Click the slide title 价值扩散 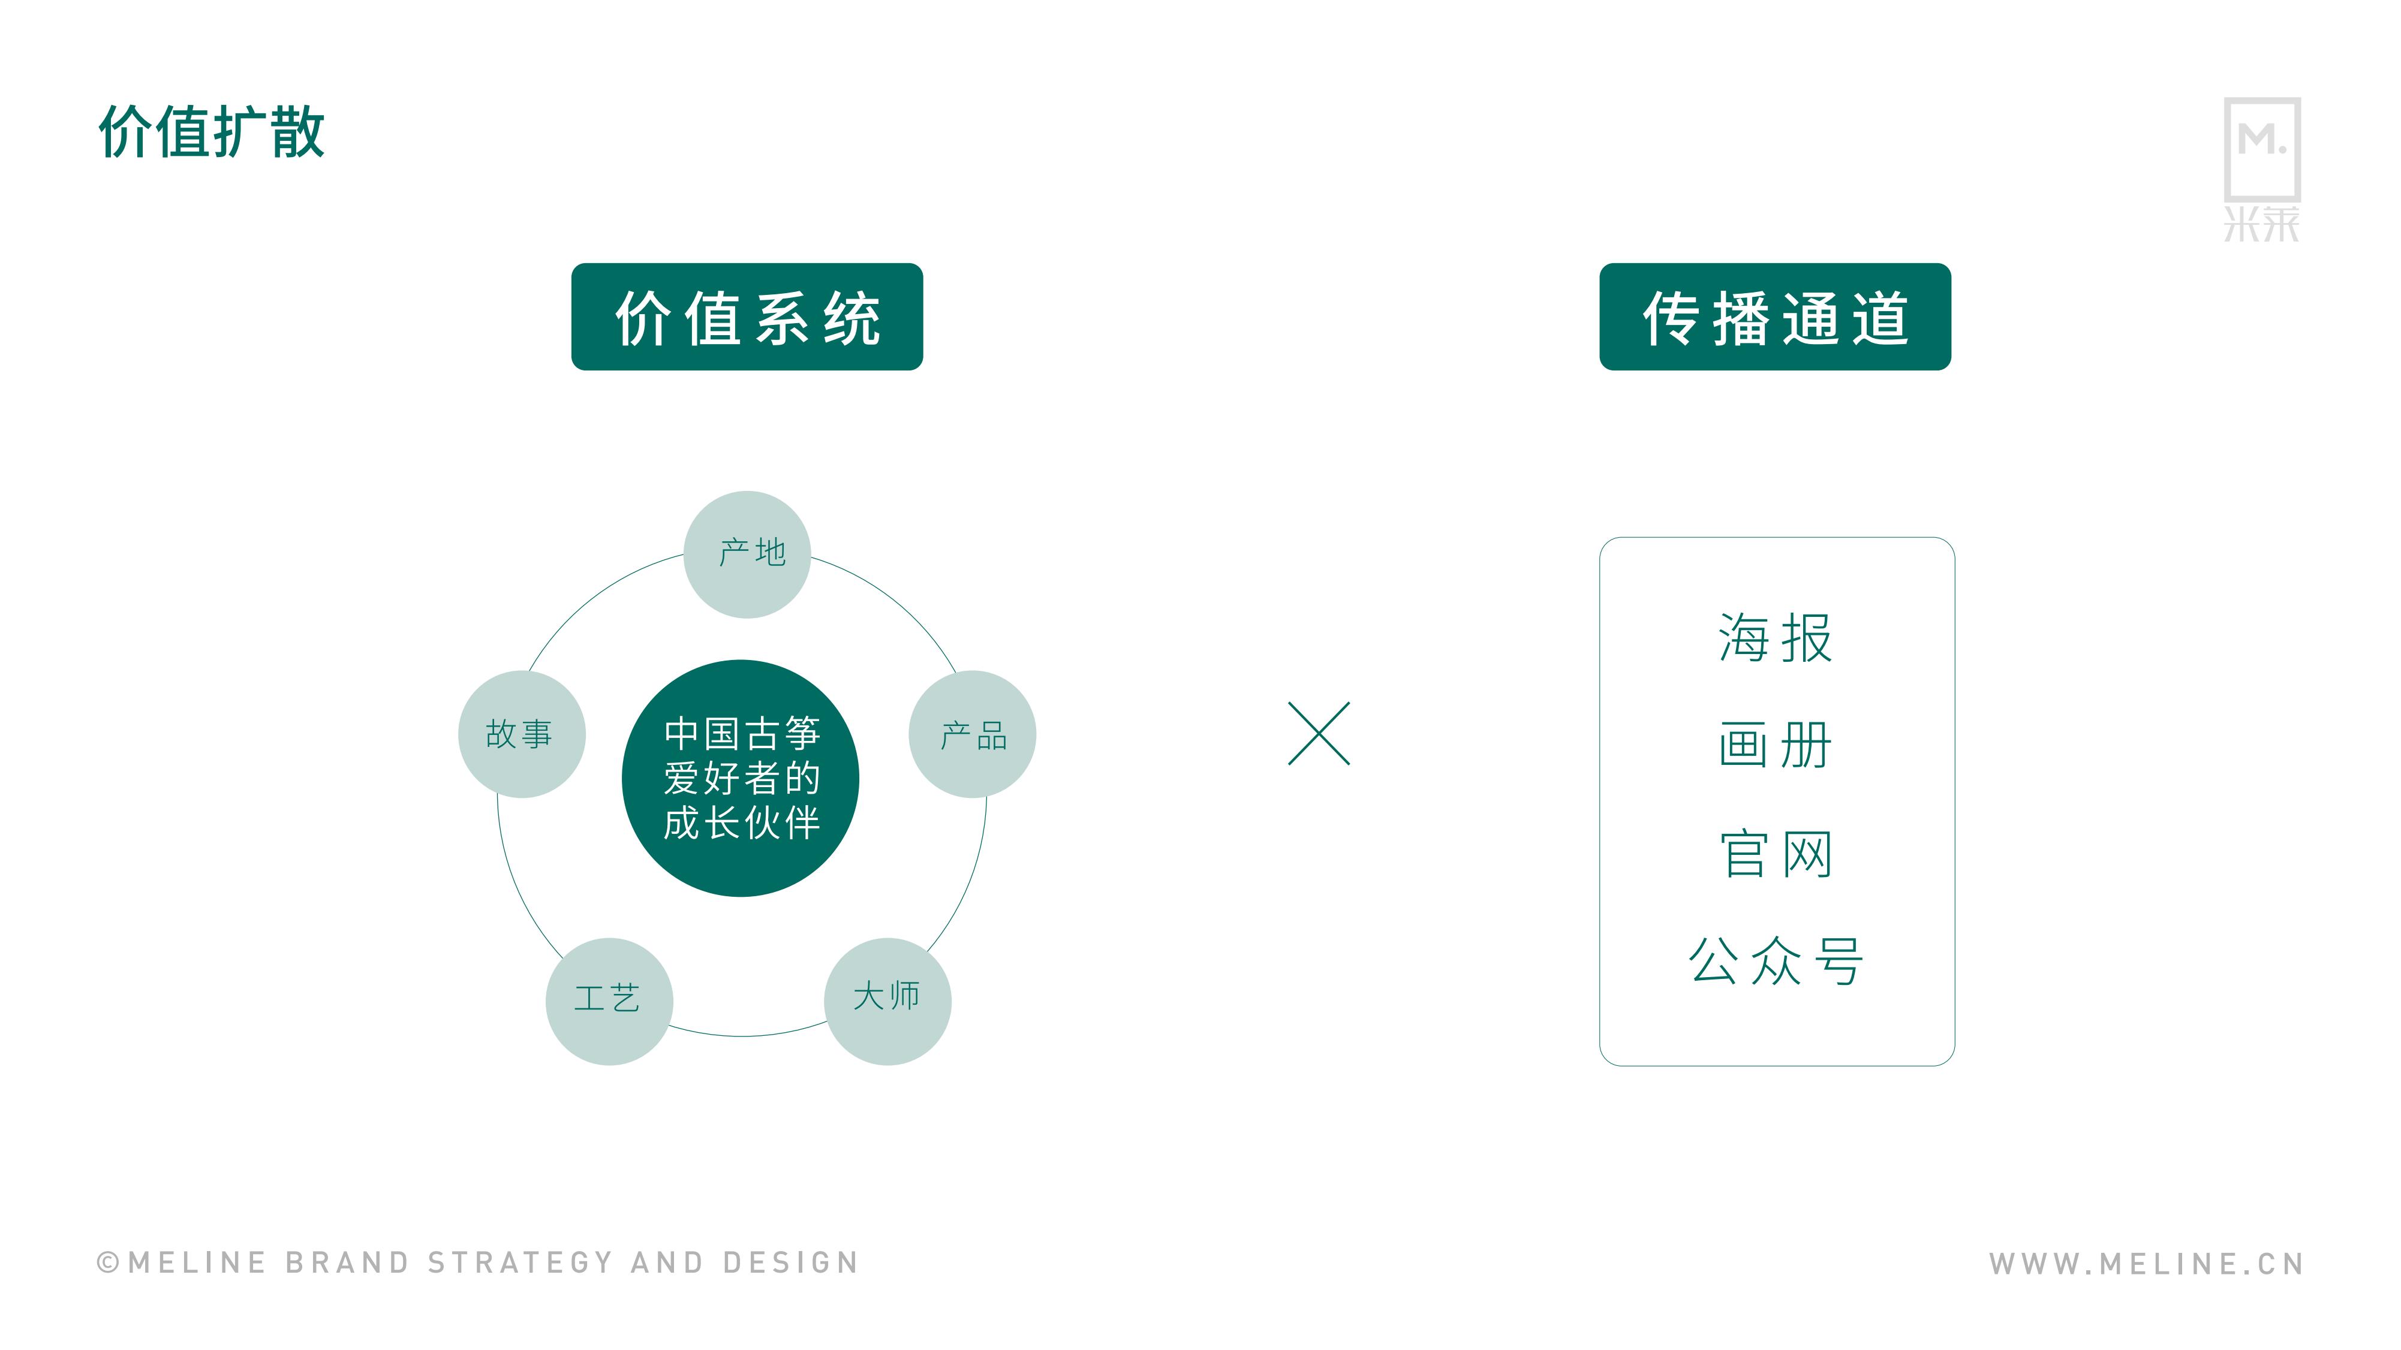(212, 131)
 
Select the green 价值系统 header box (747, 317)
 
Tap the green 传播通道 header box (1774, 317)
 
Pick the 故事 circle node (522, 734)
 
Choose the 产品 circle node (972, 734)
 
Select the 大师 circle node (887, 1002)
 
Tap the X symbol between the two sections (1319, 733)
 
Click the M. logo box (2262, 149)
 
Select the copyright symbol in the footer (108, 1262)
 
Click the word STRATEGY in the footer (520, 1262)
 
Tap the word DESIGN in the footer (790, 1262)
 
